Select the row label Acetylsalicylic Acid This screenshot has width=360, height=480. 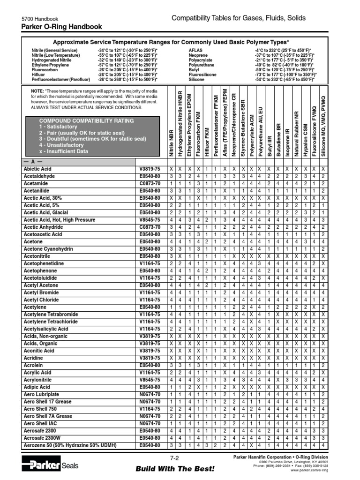tap(46, 329)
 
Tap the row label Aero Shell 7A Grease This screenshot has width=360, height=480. tap(48, 416)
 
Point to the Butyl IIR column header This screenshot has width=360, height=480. tap(270, 143)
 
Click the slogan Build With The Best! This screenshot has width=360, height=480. tap(175, 469)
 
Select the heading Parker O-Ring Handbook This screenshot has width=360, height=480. tap(61, 27)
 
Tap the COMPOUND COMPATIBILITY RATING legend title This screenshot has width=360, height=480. tap(86, 120)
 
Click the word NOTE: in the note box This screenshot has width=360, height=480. tap(37, 90)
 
